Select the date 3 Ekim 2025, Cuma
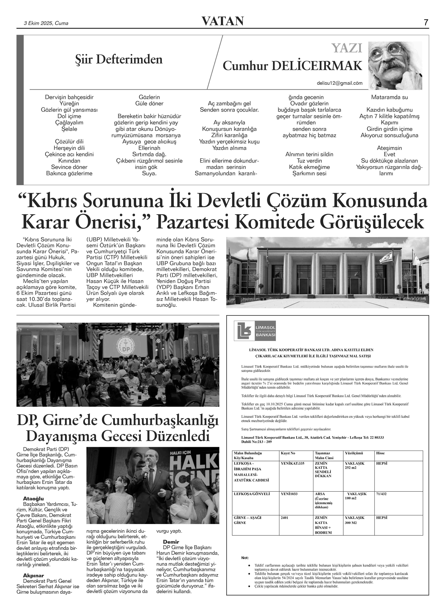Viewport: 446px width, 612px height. coord(46,23)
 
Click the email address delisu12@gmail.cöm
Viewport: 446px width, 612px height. coord(339,83)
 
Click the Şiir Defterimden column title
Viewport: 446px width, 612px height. coord(119,60)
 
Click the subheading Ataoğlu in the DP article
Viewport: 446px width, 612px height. coord(34,498)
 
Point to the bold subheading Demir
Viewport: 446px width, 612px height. coord(171,542)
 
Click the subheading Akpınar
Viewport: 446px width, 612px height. coord(34,575)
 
